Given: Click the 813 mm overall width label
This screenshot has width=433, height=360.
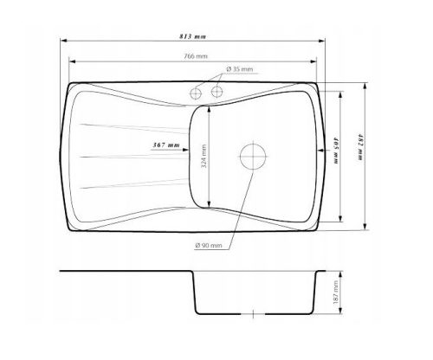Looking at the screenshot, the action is (192, 36).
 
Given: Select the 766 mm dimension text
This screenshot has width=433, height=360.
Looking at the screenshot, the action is (196, 56).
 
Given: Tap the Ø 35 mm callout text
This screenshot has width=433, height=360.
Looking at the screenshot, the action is (240, 69).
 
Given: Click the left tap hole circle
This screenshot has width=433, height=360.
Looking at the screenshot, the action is (196, 93).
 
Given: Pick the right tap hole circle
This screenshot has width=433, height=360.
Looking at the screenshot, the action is (216, 92).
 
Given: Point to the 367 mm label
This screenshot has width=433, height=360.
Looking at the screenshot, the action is (166, 145).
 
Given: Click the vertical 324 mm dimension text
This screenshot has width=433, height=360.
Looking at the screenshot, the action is (204, 156).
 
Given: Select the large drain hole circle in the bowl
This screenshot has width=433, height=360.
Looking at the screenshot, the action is (253, 157).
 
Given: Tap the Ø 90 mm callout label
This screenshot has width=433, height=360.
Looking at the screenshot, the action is (209, 246).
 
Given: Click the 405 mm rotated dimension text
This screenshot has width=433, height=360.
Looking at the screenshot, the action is (336, 151).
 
